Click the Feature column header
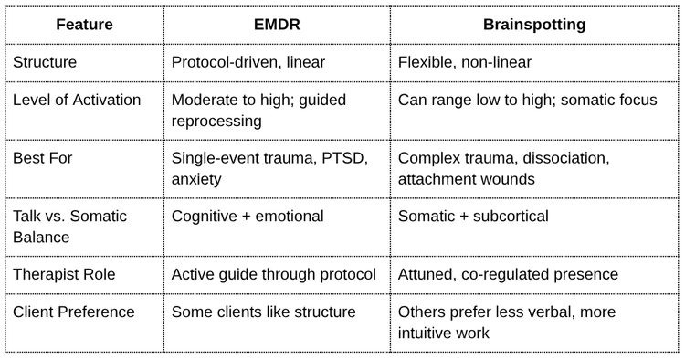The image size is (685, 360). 84,25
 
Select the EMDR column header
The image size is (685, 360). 277,25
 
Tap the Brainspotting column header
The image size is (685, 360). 534,25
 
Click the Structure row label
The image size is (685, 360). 45,62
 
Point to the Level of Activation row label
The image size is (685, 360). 77,100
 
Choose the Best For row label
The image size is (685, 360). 42,158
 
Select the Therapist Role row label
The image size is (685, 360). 64,274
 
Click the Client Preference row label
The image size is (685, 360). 74,312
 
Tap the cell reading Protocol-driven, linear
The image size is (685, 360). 248,62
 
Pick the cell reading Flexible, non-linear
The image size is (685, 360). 464,62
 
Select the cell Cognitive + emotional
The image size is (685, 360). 248,217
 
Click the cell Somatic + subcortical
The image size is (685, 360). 473,217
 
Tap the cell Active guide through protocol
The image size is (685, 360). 273,274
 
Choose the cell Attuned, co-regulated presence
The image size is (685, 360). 508,274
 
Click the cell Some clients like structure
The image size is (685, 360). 263,312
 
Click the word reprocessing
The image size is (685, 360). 216,121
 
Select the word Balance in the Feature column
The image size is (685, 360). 41,238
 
